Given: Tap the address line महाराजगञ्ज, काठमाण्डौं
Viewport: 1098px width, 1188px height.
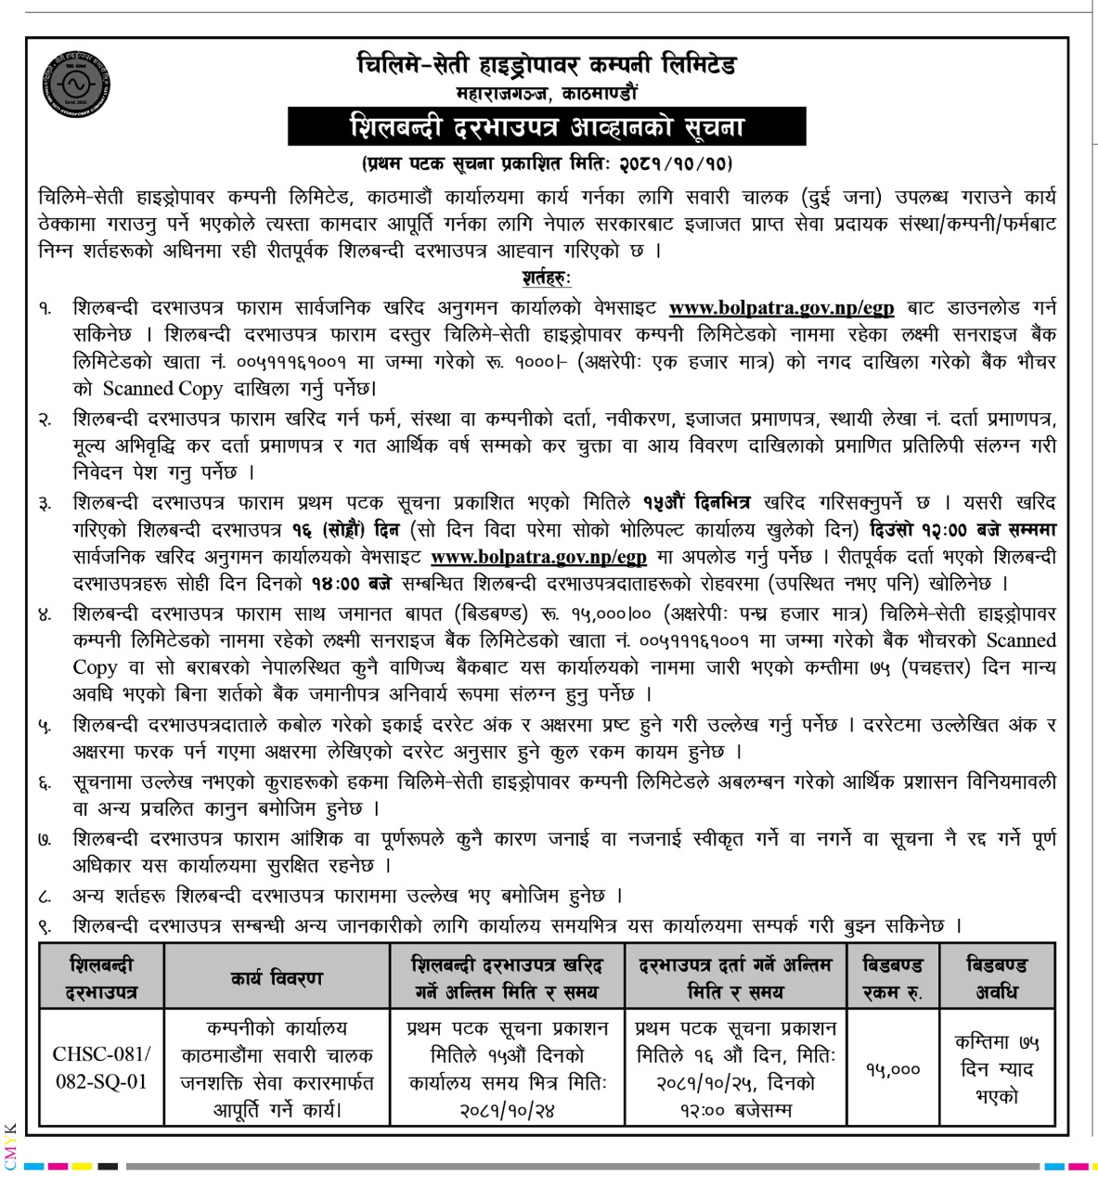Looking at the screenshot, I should pos(547,93).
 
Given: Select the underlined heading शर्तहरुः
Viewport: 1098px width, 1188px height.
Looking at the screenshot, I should pos(547,278).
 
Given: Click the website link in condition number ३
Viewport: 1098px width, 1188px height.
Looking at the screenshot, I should pos(538,558).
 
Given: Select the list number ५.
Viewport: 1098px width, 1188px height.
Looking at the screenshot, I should pos(45,725).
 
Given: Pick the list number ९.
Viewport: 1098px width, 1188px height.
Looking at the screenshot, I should pos(45,925).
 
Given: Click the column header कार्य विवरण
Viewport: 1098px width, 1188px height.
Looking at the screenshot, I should pos(277,978).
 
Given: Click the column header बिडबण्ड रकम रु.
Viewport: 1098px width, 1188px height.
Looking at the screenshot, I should pos(892,978).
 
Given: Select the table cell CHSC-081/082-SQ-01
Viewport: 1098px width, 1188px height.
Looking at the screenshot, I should pos(101,1068).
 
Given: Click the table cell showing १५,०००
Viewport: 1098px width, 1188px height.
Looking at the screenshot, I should pos(892,1069).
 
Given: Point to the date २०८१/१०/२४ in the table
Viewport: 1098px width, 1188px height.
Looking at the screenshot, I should pos(507,1109).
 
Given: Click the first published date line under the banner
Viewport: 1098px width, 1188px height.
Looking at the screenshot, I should pos(547,164).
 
